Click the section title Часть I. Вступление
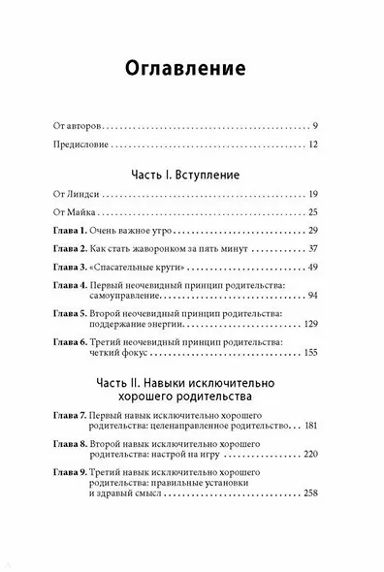click(191, 179)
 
